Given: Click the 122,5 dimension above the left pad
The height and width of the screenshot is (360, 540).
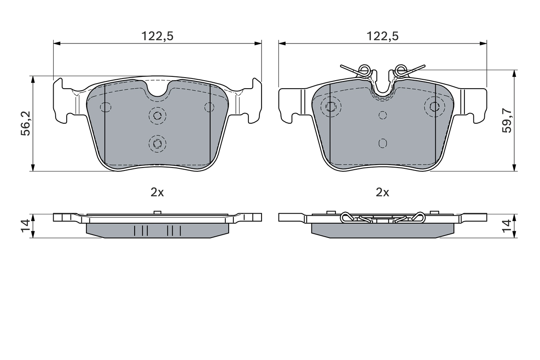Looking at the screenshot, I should coord(157,36).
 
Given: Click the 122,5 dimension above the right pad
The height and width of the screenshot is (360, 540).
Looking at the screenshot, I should coord(382,36).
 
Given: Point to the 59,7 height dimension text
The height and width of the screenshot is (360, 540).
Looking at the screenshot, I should coord(507,121).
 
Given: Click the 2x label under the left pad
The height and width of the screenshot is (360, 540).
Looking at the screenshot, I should coord(157,192).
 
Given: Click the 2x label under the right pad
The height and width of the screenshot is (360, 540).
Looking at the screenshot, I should coord(382,192).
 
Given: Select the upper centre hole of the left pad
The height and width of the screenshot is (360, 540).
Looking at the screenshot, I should coord(157,116).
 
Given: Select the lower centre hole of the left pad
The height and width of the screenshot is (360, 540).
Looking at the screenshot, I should coord(157,143).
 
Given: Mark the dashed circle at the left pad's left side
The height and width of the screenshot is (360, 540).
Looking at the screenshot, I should coord(105,107).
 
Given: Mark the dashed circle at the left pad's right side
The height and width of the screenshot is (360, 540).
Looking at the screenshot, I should coord(209,107).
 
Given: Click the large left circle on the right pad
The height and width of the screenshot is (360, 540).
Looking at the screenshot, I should coord(331,106).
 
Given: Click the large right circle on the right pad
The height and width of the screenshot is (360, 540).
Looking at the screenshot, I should coord(434,106).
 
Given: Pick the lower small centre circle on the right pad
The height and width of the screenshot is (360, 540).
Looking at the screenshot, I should coord(382,143).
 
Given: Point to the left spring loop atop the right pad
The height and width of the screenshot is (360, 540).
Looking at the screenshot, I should coord(363,69).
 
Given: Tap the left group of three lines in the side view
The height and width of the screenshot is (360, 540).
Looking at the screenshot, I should coord(141,230).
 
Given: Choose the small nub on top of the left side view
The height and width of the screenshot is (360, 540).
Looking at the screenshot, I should coord(157,212).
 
